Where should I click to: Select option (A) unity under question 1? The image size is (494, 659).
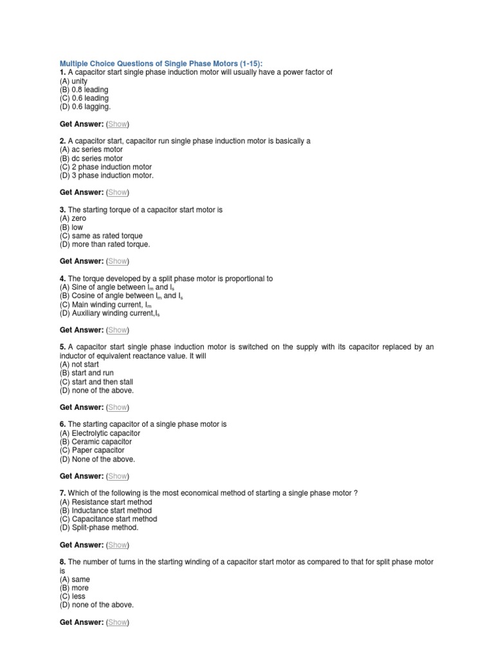tap(73, 81)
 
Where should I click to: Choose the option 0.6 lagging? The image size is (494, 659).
tap(85, 107)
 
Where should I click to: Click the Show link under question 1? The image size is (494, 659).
tap(117, 124)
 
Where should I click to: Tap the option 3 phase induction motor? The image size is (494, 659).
tap(107, 175)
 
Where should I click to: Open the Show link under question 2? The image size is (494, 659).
tap(117, 192)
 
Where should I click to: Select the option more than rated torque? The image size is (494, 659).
tap(105, 244)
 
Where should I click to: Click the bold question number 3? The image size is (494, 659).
tap(62, 210)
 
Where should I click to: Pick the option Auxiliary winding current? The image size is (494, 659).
tap(109, 313)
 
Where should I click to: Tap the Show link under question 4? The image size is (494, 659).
tap(117, 330)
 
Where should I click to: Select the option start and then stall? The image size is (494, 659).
tap(96, 382)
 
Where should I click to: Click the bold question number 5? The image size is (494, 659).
tap(62, 347)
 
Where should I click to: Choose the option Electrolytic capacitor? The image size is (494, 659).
tap(100, 433)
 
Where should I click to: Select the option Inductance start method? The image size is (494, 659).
tap(105, 510)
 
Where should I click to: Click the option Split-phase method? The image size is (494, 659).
tap(99, 528)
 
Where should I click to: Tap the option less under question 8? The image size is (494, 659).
tap(72, 596)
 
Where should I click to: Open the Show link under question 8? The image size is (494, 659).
tap(117, 622)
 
